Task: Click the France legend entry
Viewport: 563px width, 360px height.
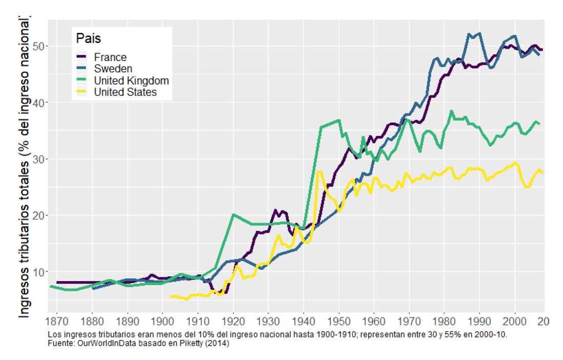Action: [110, 57]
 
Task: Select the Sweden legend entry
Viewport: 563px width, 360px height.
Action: [113, 69]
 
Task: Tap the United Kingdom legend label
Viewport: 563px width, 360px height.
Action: [131, 81]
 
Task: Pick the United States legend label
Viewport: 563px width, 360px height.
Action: [125, 92]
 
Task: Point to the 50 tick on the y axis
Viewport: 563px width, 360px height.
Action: [40, 46]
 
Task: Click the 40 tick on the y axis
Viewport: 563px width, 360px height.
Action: [40, 103]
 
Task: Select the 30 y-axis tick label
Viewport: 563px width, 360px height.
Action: [40, 159]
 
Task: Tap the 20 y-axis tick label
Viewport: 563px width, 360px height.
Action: [40, 215]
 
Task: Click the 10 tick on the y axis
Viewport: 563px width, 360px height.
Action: [40, 272]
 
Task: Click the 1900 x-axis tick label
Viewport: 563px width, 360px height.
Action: [163, 322]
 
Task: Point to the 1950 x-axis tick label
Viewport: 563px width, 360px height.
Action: [339, 322]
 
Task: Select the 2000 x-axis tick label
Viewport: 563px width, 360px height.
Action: [515, 322]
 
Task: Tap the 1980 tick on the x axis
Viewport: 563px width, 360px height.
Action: [445, 322]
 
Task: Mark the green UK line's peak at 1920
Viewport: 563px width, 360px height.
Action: [233, 215]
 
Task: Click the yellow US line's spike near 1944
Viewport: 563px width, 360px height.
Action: [319, 172]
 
